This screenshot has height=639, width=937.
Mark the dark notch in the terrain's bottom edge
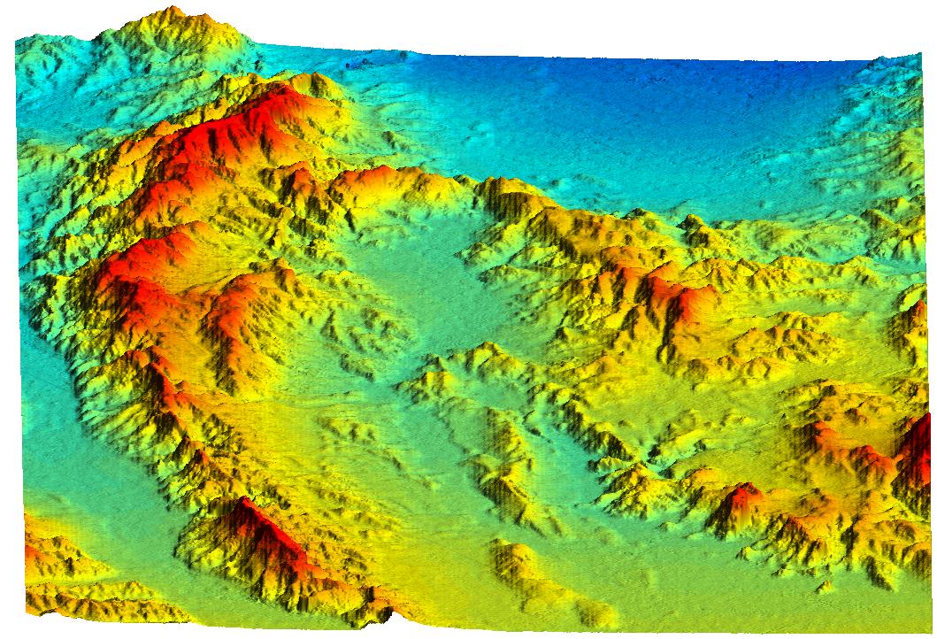tap(389, 612)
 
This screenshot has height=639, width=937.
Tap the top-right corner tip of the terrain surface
tap(920, 55)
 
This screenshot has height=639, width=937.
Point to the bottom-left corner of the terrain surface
tap(27, 611)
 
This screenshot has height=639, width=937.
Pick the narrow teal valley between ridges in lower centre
tap(566, 460)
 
